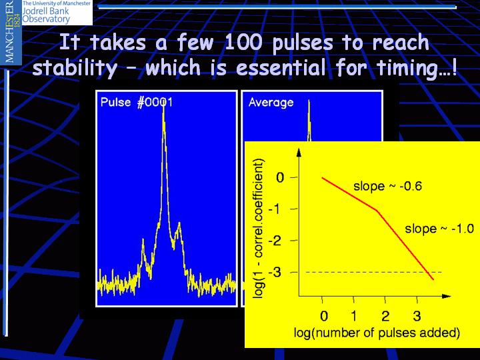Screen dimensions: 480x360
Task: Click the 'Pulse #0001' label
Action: (x=137, y=102)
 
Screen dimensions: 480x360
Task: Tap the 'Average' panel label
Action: (x=271, y=103)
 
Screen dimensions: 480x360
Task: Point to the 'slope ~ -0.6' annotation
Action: (x=387, y=186)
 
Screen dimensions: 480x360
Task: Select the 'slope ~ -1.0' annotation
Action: (x=439, y=229)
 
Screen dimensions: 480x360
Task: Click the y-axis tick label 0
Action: (x=280, y=177)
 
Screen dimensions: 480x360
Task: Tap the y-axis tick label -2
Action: (x=275, y=241)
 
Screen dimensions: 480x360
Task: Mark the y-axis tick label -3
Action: (x=275, y=272)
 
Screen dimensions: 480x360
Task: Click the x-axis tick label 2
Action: (x=385, y=315)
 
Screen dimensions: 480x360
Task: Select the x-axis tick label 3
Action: (x=417, y=315)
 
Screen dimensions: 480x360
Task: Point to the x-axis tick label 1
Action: (x=353, y=315)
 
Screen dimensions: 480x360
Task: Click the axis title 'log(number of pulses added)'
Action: (x=377, y=333)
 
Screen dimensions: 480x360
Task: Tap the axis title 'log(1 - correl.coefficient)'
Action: (x=259, y=228)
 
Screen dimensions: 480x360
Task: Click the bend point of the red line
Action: (x=377, y=210)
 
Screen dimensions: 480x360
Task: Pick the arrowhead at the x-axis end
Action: (x=446, y=296)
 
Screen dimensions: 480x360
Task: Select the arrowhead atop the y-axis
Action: (x=299, y=152)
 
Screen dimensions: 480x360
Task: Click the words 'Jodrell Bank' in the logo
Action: (x=46, y=11)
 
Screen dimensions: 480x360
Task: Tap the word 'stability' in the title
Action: (x=75, y=68)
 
